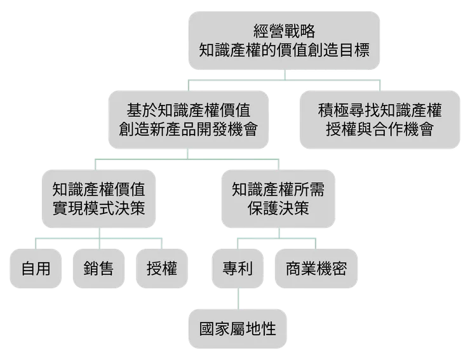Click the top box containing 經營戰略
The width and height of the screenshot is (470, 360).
[x=284, y=39]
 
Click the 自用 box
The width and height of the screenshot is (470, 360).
[x=36, y=268]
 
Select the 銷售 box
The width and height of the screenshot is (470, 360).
[x=98, y=268]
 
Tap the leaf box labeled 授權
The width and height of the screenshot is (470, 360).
[x=161, y=268]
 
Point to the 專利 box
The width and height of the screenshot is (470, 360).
[x=238, y=268]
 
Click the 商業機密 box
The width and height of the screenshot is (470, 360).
[x=311, y=268]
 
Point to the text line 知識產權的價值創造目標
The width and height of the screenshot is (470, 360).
[x=284, y=50]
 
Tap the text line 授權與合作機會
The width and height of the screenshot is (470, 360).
[x=379, y=130]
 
